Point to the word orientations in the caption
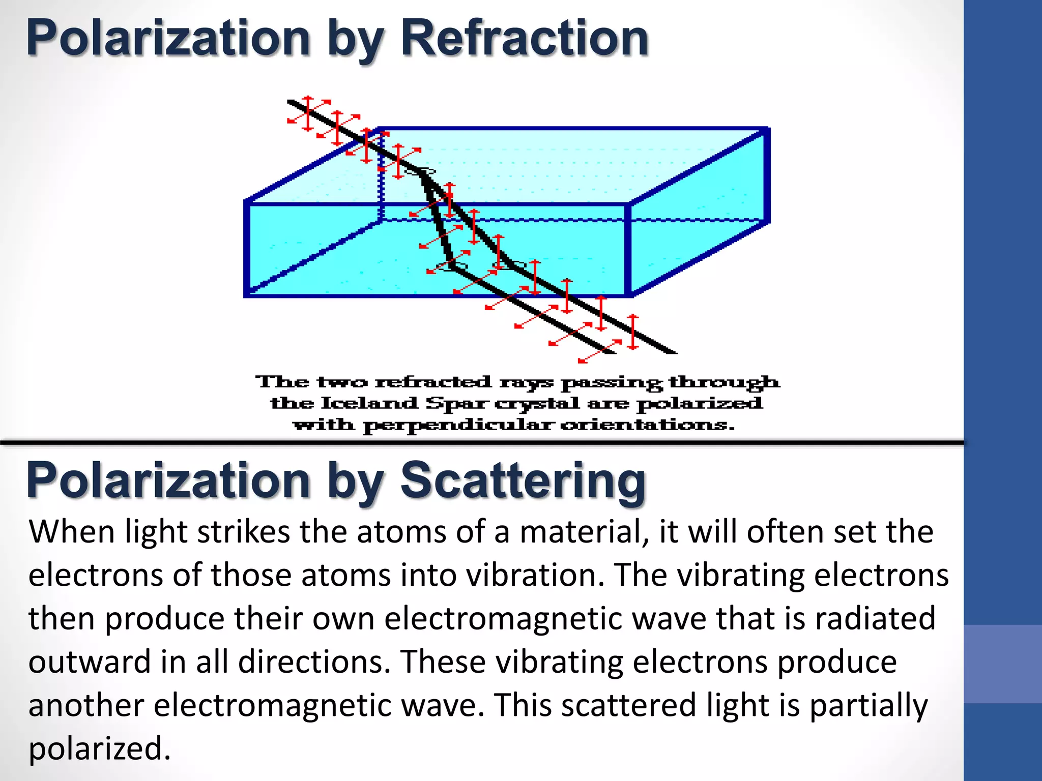pos(647,425)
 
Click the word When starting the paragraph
pos(71,532)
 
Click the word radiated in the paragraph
pos(875,619)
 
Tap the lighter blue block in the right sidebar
pos(1002,664)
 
